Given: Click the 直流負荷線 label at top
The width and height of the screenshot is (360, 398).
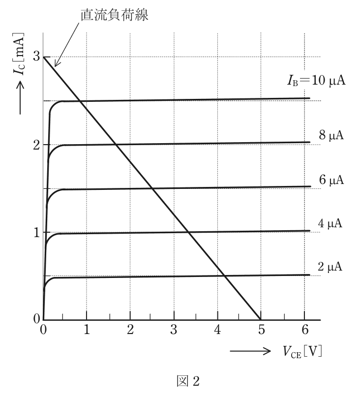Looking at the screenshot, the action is click(115, 15).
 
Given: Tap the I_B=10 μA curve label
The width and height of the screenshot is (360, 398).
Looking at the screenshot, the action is click(316, 81).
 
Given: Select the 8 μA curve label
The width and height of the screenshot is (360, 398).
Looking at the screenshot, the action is click(331, 135).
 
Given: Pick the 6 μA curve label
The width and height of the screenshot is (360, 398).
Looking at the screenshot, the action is click(331, 180).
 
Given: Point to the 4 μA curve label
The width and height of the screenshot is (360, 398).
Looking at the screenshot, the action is click(330, 223).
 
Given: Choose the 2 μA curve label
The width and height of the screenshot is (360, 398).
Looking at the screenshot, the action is click(330, 267).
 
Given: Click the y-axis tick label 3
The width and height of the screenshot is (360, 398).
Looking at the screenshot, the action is click(36, 56).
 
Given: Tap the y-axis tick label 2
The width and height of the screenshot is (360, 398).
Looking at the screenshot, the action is click(36, 145).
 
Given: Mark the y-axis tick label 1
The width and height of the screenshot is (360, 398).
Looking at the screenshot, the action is click(37, 233).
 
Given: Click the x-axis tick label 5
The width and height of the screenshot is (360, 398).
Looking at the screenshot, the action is click(261, 330).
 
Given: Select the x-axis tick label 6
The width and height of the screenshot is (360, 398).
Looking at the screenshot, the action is click(305, 330).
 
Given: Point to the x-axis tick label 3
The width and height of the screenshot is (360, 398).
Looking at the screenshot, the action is click(174, 330).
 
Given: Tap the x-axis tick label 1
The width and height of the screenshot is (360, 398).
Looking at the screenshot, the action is click(87, 330).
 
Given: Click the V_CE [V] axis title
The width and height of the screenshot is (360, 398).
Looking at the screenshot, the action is click(302, 352).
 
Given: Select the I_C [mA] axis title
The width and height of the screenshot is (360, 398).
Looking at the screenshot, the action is click(19, 54).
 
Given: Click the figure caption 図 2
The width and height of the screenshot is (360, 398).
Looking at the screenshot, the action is click(188, 381).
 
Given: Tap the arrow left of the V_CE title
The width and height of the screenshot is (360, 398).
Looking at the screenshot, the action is click(250, 351).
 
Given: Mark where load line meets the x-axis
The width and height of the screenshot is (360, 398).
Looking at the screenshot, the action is click(261, 320).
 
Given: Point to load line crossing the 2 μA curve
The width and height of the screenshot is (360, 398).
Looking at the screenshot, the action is click(225, 276).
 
